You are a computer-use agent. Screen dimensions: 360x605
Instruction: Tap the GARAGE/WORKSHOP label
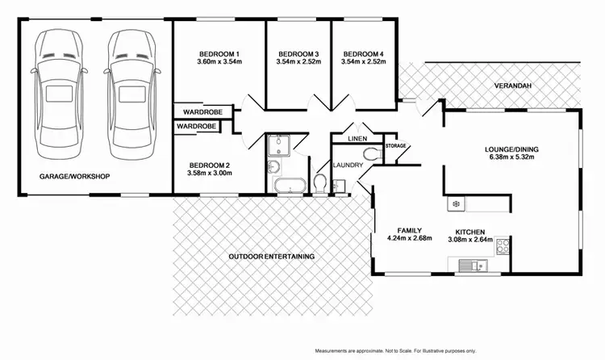point(74,176)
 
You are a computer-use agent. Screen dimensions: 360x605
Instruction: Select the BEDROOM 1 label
point(220,54)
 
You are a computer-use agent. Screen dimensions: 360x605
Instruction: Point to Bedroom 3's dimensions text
point(298,61)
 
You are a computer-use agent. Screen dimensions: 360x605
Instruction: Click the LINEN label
point(357,139)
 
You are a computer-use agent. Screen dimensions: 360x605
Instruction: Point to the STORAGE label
point(395,146)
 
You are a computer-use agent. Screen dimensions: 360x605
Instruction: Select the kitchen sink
point(469,263)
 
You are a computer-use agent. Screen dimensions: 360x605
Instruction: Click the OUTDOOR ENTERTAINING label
point(271,256)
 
